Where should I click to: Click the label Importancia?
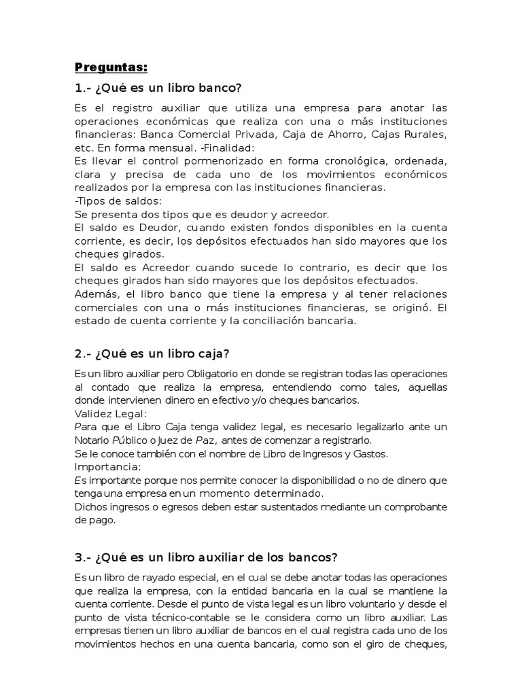108,466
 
